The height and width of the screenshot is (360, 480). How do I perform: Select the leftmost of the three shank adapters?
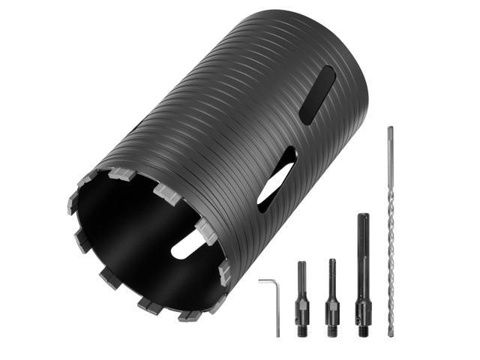coord(302,296)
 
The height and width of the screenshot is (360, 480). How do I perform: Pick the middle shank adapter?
coord(331,296)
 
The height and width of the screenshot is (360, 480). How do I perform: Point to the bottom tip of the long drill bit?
coord(391,332)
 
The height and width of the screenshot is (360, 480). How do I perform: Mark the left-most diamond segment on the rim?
coord(73,203)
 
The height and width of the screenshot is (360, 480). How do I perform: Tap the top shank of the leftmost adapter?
coord(302,271)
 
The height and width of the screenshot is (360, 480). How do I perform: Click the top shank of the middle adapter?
coord(331,270)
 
